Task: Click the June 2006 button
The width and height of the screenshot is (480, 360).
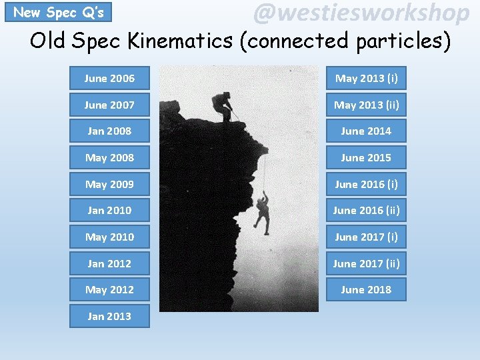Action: (109, 79)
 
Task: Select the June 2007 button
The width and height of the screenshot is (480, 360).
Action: (109, 105)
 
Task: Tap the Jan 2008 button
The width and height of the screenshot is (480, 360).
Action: (109, 131)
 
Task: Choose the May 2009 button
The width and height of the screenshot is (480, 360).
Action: (109, 184)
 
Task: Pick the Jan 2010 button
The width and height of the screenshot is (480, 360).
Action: (109, 211)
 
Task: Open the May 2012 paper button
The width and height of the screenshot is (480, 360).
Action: (109, 290)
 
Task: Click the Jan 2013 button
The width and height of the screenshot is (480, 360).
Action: (109, 316)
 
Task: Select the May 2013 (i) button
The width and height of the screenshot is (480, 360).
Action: (366, 79)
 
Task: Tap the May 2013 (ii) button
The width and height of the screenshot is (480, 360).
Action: (366, 105)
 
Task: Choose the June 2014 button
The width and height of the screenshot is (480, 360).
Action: (366, 131)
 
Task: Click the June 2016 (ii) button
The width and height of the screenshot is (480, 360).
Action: (366, 211)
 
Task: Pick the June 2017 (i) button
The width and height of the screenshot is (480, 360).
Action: (366, 237)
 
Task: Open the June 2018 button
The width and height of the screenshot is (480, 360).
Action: (366, 290)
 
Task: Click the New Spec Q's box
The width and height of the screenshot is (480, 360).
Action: (58, 12)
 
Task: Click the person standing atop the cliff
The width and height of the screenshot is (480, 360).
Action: (223, 107)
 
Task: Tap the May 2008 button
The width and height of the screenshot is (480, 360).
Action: (109, 158)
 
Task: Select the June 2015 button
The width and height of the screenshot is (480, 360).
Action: (366, 158)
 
